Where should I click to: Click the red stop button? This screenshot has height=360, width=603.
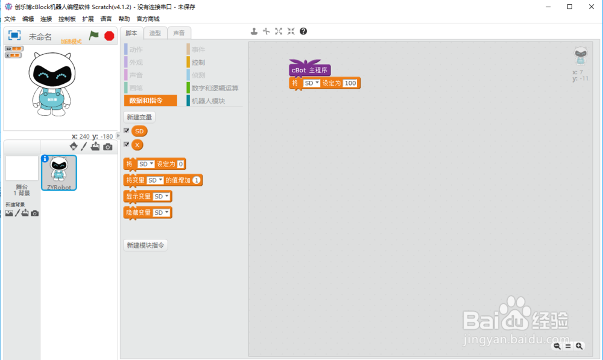click(109, 36)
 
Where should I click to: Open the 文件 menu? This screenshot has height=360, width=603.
click(10, 19)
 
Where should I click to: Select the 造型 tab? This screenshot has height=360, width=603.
click(155, 33)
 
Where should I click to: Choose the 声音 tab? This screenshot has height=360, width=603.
click(179, 33)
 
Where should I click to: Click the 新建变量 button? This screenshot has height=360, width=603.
click(139, 117)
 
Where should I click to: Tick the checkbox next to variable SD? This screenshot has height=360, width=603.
click(127, 130)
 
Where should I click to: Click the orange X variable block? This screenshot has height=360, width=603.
click(137, 145)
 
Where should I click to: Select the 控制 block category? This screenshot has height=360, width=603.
click(198, 62)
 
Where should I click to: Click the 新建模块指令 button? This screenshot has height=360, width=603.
click(145, 245)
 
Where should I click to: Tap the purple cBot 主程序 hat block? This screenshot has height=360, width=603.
click(309, 70)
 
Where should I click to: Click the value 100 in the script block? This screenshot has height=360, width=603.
click(350, 83)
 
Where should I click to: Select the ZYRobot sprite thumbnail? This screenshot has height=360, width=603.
click(59, 172)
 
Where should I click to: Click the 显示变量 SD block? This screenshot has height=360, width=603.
click(138, 197)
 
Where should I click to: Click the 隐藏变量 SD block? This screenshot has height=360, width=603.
click(138, 212)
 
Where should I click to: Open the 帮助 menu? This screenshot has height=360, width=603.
click(124, 19)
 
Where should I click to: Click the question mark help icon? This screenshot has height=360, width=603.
click(303, 31)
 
